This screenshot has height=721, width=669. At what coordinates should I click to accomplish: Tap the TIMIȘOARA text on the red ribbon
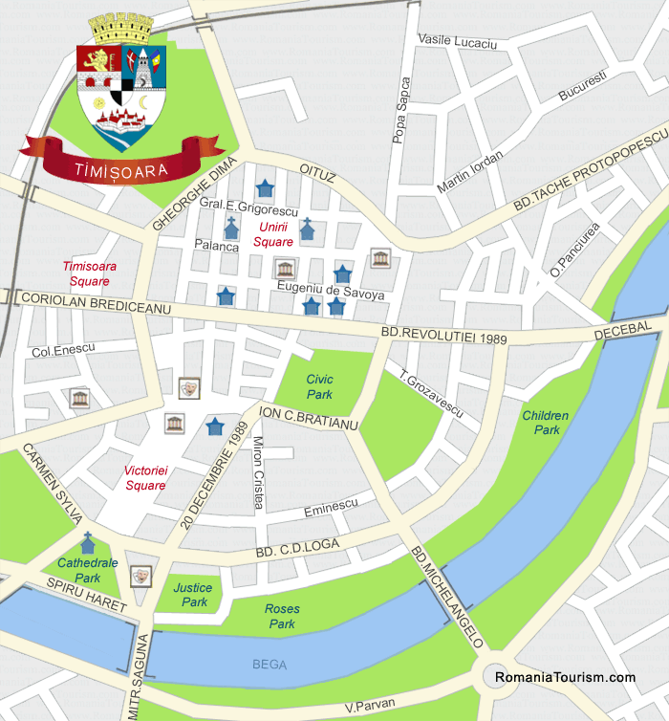[x=120, y=170]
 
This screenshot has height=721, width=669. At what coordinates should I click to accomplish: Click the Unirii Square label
[x=275, y=234]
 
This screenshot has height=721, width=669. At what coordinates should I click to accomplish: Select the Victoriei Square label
[x=145, y=478]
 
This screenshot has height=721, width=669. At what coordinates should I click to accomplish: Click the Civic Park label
[x=319, y=386]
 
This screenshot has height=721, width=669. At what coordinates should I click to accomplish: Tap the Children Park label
[x=546, y=423]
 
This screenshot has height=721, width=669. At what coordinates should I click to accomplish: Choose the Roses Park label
[x=282, y=616]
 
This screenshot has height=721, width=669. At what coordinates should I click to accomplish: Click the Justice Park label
[x=195, y=595]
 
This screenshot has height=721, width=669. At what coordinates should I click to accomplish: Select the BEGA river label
[x=269, y=663]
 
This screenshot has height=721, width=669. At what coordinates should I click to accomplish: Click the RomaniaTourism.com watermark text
[x=565, y=677]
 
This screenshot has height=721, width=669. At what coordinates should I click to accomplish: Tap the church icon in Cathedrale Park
[x=88, y=543]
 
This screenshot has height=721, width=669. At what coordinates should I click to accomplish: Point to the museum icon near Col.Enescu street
[x=79, y=398]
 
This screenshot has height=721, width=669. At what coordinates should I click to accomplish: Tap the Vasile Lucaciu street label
[x=458, y=42]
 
